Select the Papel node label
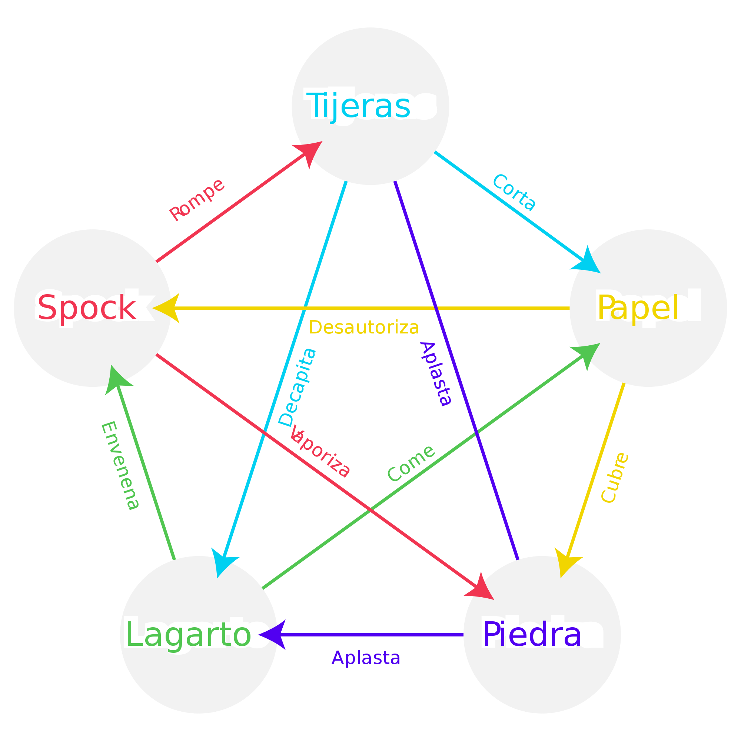coord(637,308)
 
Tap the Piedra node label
coord(532,634)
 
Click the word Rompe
coord(197,200)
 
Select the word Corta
coord(514,192)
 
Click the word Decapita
coord(298,388)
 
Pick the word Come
coord(411,463)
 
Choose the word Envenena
coord(120,466)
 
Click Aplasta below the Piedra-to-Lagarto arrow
coord(366,658)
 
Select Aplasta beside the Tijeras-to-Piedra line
coord(436,373)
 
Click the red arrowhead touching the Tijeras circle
coord(309,152)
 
